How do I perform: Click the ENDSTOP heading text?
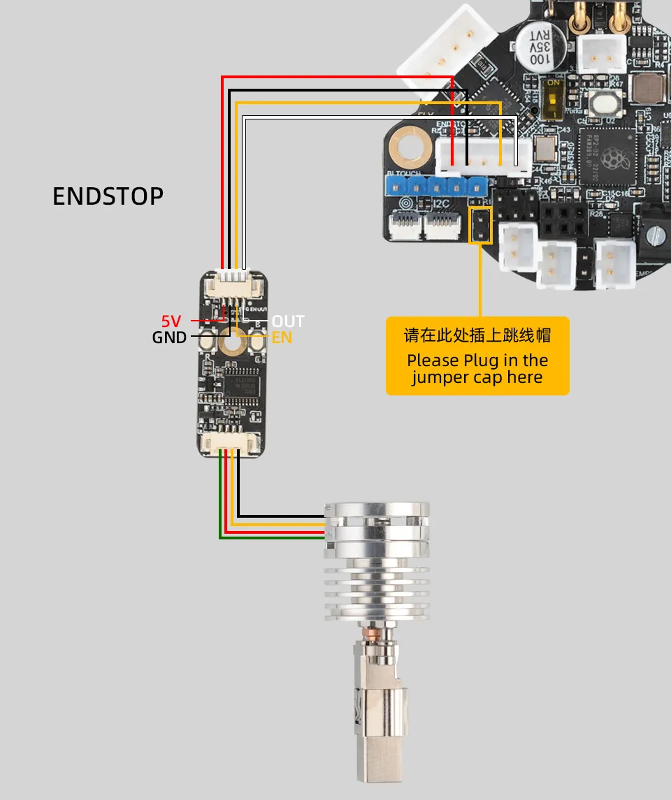(x=108, y=196)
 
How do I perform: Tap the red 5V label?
(x=171, y=321)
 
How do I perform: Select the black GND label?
(x=169, y=338)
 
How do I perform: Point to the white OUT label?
(x=288, y=321)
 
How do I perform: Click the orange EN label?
(x=282, y=338)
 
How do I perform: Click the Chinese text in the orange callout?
(x=477, y=335)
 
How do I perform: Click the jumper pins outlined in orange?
(x=481, y=224)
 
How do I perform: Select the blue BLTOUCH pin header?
(x=435, y=186)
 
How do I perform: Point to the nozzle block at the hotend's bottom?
(x=378, y=741)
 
